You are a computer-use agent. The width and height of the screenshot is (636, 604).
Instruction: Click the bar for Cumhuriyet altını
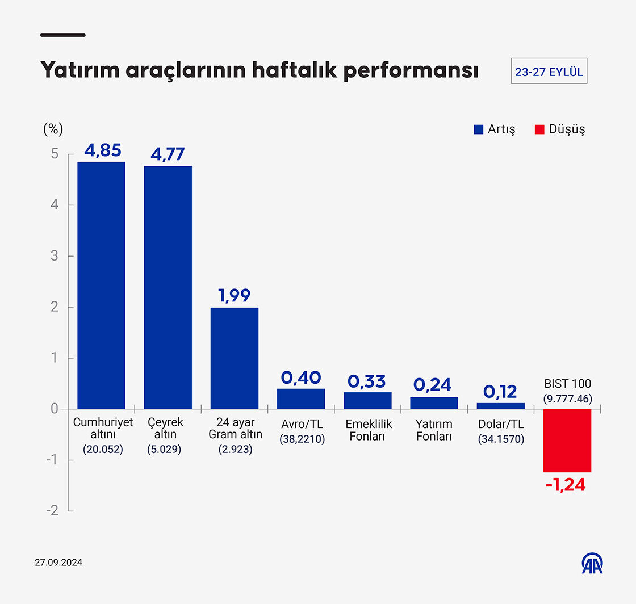point(101,285)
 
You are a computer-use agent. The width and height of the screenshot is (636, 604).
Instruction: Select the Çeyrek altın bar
point(168,287)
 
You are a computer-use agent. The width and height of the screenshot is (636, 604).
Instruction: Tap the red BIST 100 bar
point(567,440)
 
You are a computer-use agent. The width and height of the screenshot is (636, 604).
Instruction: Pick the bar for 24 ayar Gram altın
point(235,358)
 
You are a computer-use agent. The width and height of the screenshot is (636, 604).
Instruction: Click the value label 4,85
point(103,150)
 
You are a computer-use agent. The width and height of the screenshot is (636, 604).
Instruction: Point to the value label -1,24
point(565,485)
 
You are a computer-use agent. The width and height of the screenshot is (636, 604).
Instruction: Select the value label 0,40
point(301,378)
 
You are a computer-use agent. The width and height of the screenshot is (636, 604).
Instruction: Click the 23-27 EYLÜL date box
point(549,72)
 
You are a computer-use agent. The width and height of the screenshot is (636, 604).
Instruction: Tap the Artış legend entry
point(494,129)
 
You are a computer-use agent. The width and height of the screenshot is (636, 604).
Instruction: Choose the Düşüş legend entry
point(560,129)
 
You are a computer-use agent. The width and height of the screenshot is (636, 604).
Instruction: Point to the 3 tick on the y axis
point(55,256)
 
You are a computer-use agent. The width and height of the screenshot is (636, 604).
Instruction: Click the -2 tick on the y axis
point(52,511)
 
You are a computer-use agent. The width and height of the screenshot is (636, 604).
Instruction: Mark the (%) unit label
point(53,129)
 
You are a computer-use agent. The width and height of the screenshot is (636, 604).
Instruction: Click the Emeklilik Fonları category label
point(369,430)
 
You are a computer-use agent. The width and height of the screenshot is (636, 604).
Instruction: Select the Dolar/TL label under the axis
point(501,425)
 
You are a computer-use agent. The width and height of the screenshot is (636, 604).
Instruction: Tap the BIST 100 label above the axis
point(567,384)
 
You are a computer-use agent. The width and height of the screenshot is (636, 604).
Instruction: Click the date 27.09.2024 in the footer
point(58,563)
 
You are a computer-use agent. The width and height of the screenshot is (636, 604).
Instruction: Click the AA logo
point(592,563)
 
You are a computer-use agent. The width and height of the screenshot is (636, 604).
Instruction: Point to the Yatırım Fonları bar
point(434,402)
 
